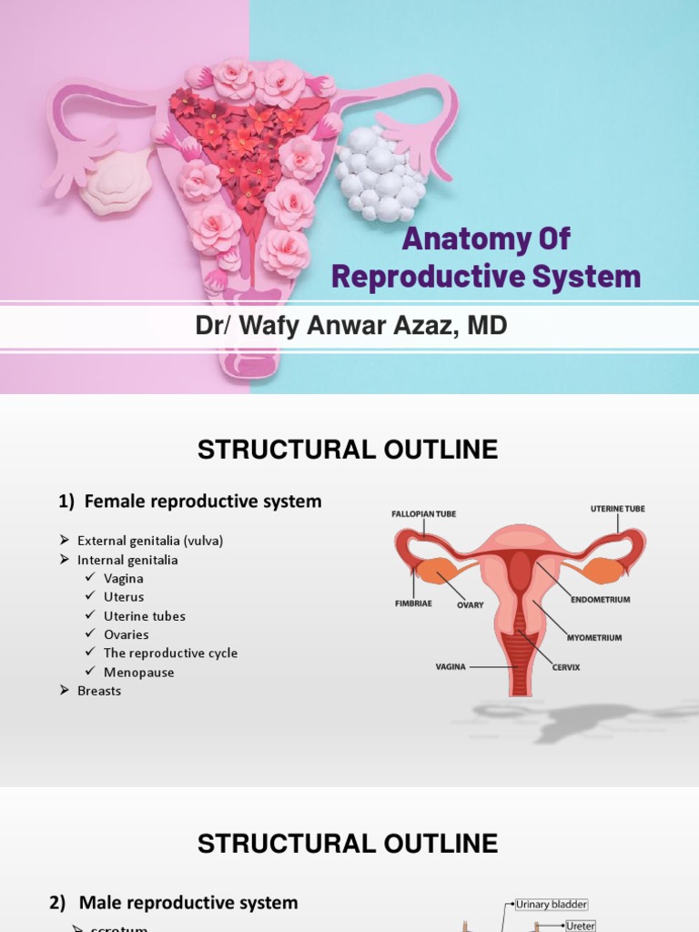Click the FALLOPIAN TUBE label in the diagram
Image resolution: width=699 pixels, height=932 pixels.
pyautogui.click(x=424, y=514)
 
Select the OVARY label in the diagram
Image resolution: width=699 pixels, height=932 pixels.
pyautogui.click(x=471, y=605)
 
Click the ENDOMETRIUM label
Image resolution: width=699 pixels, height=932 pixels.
pyautogui.click(x=600, y=600)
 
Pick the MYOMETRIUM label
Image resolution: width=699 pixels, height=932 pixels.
pyautogui.click(x=594, y=638)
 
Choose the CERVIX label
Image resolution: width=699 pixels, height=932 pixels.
pyautogui.click(x=565, y=667)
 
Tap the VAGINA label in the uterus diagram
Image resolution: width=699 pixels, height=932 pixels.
pyautogui.click(x=451, y=667)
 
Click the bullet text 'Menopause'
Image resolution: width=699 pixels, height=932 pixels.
pyautogui.click(x=138, y=673)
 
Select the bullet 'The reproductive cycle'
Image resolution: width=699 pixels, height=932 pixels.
pyautogui.click(x=170, y=653)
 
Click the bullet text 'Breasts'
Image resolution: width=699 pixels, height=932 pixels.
pyautogui.click(x=99, y=691)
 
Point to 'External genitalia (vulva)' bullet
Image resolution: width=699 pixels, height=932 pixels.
pyautogui.click(x=150, y=541)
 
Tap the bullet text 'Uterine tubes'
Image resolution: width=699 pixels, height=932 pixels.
pyautogui.click(x=144, y=616)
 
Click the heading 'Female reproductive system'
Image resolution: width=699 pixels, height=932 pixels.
pyautogui.click(x=202, y=501)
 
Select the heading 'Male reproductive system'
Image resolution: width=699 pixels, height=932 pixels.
pyautogui.click(x=188, y=903)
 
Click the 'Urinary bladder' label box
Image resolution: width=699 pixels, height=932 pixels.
pyautogui.click(x=552, y=905)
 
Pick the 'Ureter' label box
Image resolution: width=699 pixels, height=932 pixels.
pyautogui.click(x=580, y=926)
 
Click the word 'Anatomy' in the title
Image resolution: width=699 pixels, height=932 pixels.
pyautogui.click(x=459, y=240)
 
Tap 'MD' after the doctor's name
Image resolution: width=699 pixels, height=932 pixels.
pyautogui.click(x=487, y=327)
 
